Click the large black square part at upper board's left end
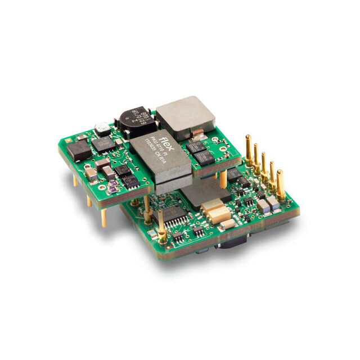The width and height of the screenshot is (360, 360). pyautogui.click(x=79, y=150)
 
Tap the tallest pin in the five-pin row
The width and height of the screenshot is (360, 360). pyautogui.click(x=247, y=150)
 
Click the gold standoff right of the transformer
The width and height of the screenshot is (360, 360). pyautogui.click(x=223, y=179)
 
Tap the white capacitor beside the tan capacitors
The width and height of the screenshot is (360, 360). pyautogui.click(x=227, y=224)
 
